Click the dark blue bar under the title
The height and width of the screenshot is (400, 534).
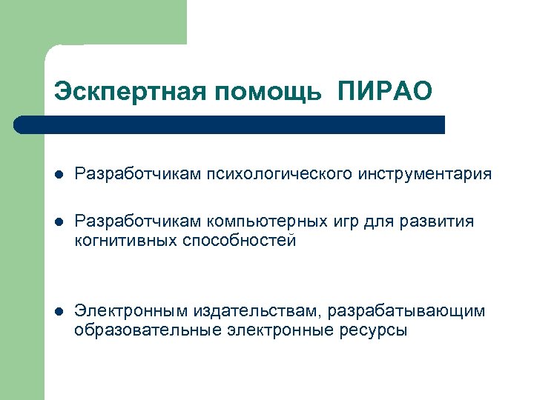(x=230, y=124)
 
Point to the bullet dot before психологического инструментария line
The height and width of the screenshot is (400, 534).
(x=59, y=175)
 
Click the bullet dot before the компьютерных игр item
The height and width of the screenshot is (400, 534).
(x=59, y=222)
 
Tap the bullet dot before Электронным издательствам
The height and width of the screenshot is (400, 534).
(x=59, y=311)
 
